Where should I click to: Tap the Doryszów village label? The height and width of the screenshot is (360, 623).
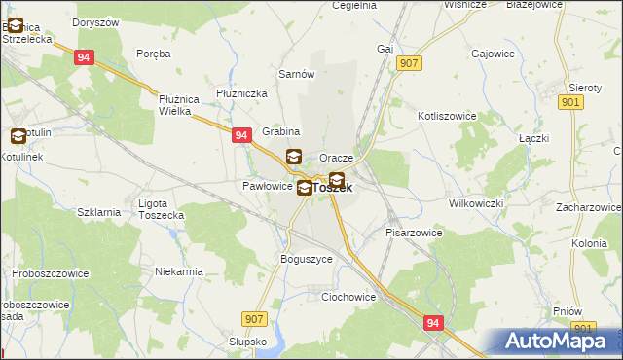(96, 21)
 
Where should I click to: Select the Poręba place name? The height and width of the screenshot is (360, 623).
(154, 54)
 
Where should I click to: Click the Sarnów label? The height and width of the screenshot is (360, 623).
(295, 74)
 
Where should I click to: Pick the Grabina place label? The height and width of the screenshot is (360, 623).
(280, 131)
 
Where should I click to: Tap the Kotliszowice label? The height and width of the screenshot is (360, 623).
(446, 115)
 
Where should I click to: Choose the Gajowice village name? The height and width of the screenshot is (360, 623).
(493, 54)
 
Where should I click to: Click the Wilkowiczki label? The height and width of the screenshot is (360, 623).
(475, 204)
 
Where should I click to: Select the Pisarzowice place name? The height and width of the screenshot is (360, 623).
(414, 234)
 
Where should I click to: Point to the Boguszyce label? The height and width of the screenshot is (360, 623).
(307, 260)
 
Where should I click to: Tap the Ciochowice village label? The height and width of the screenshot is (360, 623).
(348, 298)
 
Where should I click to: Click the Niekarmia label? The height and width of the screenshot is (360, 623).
(179, 272)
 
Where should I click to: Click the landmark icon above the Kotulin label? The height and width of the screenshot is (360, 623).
(19, 137)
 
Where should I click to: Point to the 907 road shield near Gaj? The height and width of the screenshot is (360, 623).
(409, 63)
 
